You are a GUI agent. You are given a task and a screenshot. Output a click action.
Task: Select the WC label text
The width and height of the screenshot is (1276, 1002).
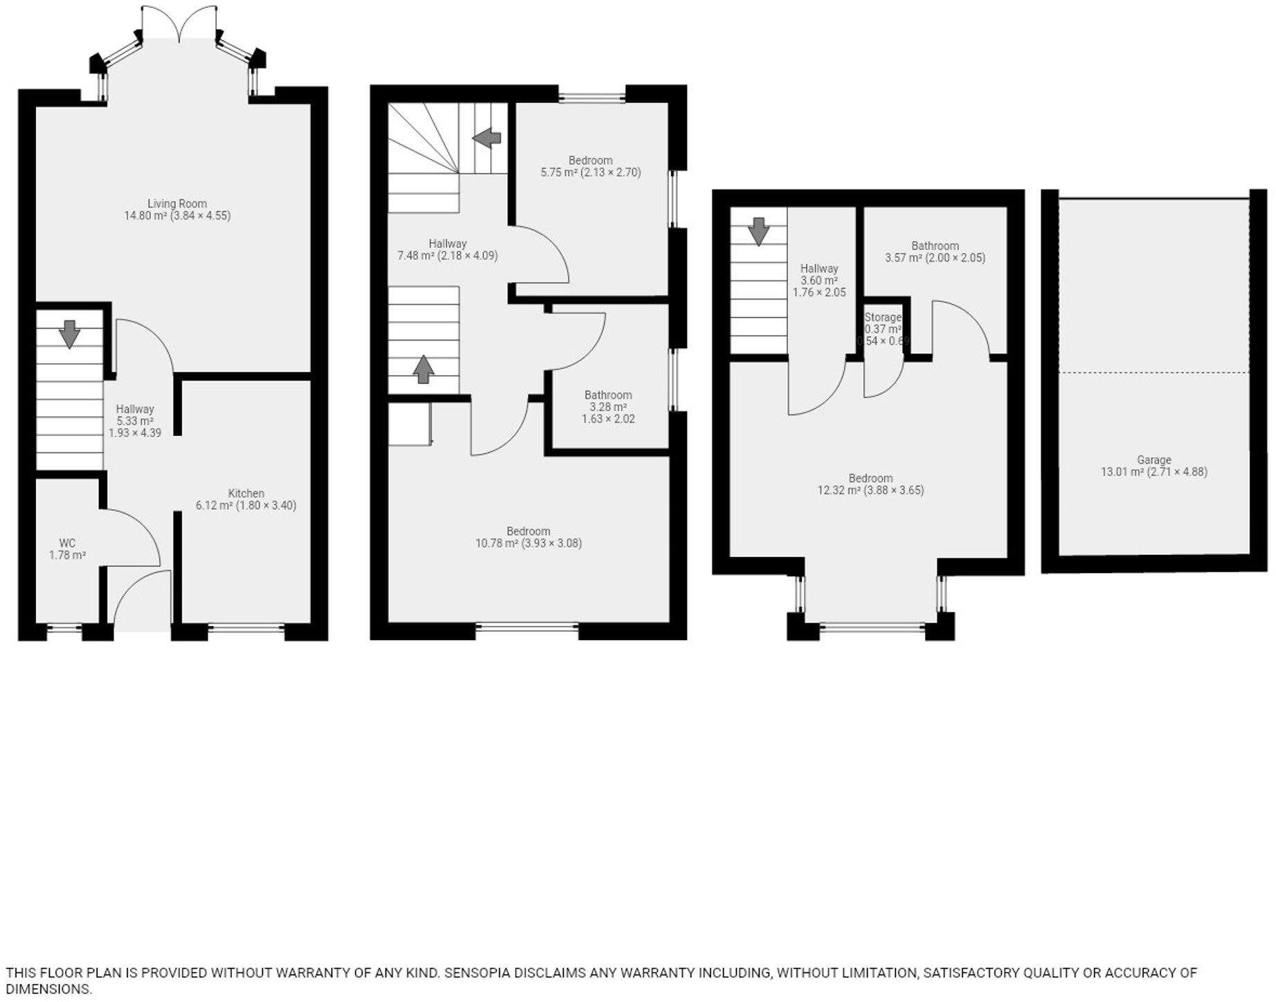[x=67, y=543]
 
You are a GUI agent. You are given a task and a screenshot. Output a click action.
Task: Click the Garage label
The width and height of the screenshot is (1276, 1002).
[x=1153, y=459]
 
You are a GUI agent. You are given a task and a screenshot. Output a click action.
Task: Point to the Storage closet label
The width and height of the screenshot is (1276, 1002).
[x=883, y=318]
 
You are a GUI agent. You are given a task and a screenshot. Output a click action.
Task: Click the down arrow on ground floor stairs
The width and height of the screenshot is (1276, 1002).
[x=69, y=334]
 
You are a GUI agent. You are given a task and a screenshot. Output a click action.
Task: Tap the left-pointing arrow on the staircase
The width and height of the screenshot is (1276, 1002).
[x=487, y=138]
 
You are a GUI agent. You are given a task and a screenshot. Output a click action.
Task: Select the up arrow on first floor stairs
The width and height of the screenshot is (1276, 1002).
[x=423, y=369]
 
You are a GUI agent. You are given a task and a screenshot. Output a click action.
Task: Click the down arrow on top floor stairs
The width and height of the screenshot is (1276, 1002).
[x=759, y=231]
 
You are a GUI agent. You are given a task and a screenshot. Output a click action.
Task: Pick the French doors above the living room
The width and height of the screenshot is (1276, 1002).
[x=179, y=24]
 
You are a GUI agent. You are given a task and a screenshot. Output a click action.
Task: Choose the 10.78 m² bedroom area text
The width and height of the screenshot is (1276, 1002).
[x=528, y=543]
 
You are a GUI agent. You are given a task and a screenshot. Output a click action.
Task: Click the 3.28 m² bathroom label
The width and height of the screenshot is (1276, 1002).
[x=608, y=407]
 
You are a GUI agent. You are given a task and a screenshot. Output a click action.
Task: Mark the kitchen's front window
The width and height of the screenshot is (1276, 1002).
[x=246, y=628]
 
